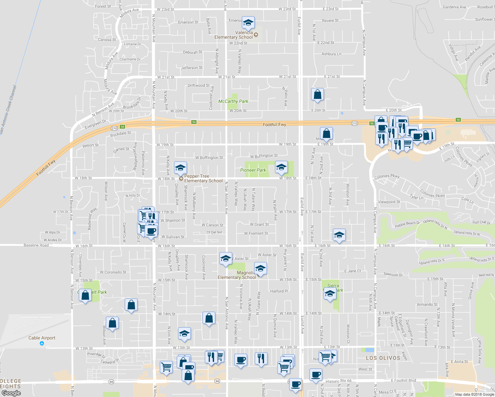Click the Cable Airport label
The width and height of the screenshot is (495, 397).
(x=42, y=338)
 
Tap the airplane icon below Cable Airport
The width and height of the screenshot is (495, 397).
(x=42, y=343)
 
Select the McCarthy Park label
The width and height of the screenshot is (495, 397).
(x=233, y=101)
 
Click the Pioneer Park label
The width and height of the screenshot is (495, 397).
(x=253, y=170)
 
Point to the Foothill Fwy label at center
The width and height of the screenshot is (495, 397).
(x=274, y=125)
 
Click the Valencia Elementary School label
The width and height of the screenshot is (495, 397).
(x=234, y=35)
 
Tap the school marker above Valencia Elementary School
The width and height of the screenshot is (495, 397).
(x=248, y=23)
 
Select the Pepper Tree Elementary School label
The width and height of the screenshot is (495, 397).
(x=203, y=178)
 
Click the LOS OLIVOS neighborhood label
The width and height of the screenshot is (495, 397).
(x=383, y=358)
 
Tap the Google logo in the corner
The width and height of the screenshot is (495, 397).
(x=11, y=393)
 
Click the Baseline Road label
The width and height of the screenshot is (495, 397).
(x=36, y=245)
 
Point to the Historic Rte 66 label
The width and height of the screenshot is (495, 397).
(x=338, y=381)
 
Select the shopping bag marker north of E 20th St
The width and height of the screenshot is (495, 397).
(x=317, y=95)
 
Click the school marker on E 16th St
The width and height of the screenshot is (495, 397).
(x=339, y=235)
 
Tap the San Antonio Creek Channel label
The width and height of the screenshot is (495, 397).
(x=8, y=110)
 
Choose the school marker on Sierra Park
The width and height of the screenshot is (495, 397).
(x=330, y=293)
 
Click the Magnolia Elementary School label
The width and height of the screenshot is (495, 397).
(x=237, y=275)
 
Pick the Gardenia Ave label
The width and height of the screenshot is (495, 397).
(x=454, y=7)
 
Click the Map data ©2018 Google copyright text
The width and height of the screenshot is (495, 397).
(x=474, y=394)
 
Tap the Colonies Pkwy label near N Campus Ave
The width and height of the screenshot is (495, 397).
(x=387, y=176)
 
